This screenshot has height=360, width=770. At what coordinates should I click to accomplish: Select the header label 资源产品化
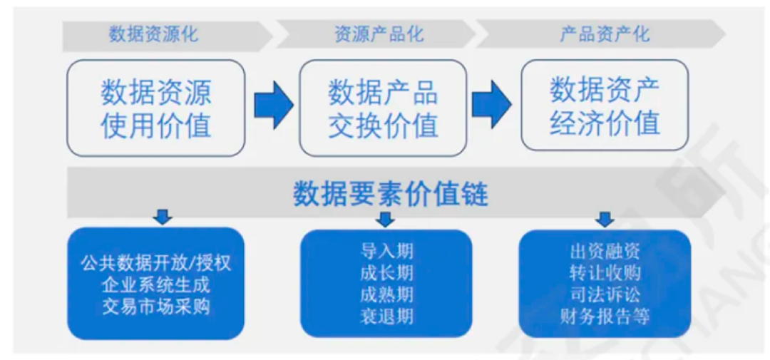(x=379, y=34)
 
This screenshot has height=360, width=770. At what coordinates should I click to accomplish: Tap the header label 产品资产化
(x=605, y=34)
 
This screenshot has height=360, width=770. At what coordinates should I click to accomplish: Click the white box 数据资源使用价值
(x=155, y=108)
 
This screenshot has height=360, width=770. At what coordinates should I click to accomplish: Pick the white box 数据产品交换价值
(x=383, y=108)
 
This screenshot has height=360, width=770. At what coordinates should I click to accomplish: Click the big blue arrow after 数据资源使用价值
(x=273, y=106)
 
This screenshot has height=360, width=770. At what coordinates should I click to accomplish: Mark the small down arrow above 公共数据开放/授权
(x=163, y=216)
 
